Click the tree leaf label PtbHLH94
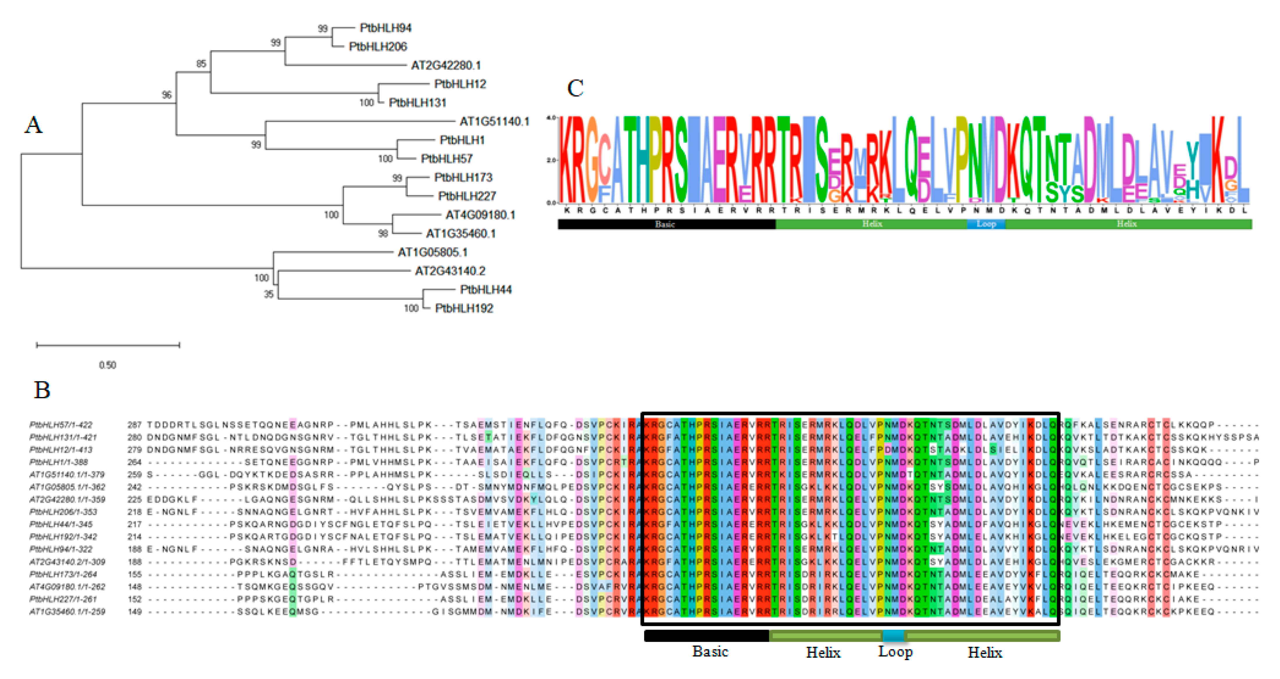(385, 28)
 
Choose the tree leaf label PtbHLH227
(467, 196)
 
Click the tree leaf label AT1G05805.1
(432, 252)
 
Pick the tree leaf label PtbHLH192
(464, 308)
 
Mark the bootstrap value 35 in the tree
(268, 294)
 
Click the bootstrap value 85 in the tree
(201, 64)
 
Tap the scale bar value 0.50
(107, 365)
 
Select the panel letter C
(575, 88)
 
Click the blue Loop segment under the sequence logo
(986, 224)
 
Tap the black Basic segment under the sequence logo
(666, 224)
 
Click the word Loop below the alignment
(895, 652)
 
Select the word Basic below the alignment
(710, 652)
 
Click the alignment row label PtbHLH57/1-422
(61, 425)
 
